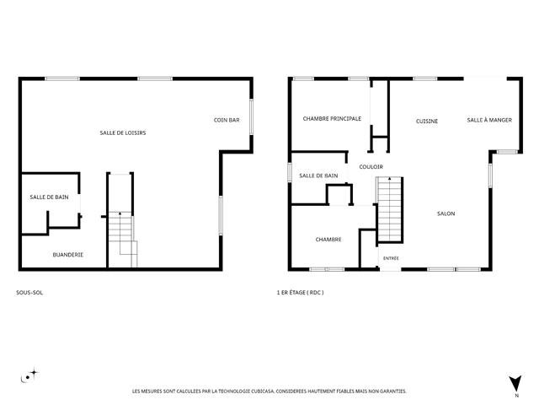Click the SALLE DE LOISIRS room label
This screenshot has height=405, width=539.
pos(123,132)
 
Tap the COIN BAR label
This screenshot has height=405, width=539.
pos(227,120)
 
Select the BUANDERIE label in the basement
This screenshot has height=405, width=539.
pos(68,255)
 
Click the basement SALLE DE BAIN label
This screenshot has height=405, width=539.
pos(49,197)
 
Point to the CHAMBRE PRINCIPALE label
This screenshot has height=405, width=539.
pos(332,118)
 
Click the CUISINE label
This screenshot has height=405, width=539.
pos(427,121)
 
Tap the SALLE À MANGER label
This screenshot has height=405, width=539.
pos(489,120)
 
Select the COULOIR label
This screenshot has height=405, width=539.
pos(371,167)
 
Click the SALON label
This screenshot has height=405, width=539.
pos(446,213)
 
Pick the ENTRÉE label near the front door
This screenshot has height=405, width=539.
pos(391,258)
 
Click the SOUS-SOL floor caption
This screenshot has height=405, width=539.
pos(29,293)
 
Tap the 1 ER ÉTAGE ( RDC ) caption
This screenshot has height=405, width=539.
pos(300,293)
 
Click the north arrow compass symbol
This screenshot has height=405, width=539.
pos(515,384)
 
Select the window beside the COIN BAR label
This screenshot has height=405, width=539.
pos(251,116)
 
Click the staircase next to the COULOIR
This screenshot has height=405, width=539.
pos(389,210)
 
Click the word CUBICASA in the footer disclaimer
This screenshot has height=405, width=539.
pos(263,391)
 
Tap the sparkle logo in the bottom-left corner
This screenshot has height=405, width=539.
pos(29,375)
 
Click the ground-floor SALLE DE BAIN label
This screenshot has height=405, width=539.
pos(318,175)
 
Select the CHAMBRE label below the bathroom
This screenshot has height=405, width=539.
pos(328,240)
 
